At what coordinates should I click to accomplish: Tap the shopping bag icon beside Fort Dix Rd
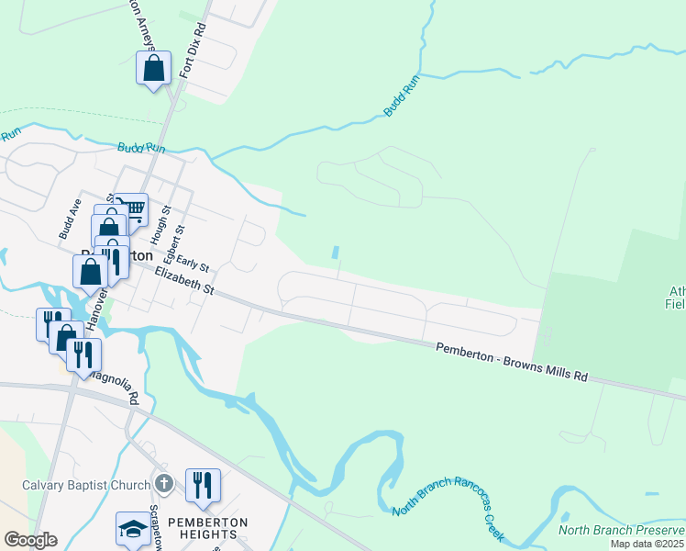click(153, 69)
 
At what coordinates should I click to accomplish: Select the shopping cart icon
click(132, 209)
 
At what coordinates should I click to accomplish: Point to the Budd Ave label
click(71, 219)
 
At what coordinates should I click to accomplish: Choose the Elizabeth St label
click(183, 281)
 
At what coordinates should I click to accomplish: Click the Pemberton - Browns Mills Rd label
click(510, 362)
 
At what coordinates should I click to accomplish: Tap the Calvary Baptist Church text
click(85, 484)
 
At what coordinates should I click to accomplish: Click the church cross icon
click(163, 483)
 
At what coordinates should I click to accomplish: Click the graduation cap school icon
click(132, 528)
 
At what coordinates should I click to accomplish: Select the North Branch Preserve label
click(622, 530)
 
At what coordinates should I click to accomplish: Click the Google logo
click(30, 539)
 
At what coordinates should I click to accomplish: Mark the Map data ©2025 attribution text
click(646, 544)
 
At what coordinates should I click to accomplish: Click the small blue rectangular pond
click(335, 253)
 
